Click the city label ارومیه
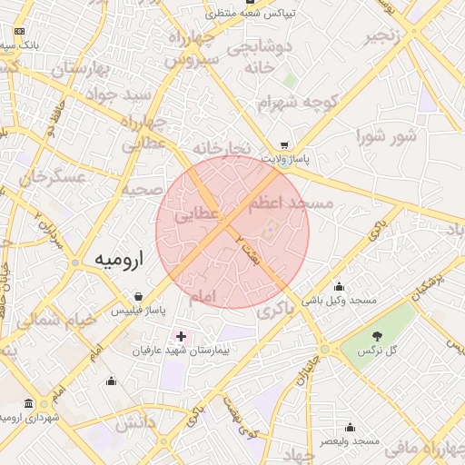[x=120, y=260]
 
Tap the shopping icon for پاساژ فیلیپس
[x=137, y=296]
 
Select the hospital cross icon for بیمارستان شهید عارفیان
[x=181, y=336]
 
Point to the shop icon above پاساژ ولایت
[x=284, y=145]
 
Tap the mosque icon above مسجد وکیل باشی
[x=340, y=286]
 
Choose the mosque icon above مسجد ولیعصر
[x=350, y=427]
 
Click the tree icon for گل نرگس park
[x=377, y=336]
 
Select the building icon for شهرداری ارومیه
[x=30, y=403]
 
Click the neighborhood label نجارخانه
[x=221, y=147]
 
